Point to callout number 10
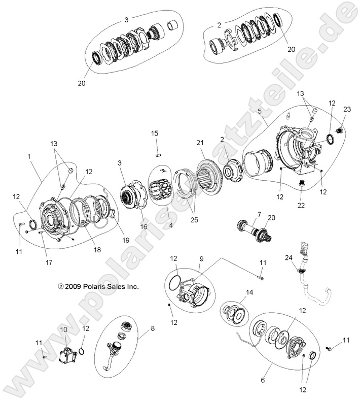(64, 329)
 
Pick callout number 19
(125, 240)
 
